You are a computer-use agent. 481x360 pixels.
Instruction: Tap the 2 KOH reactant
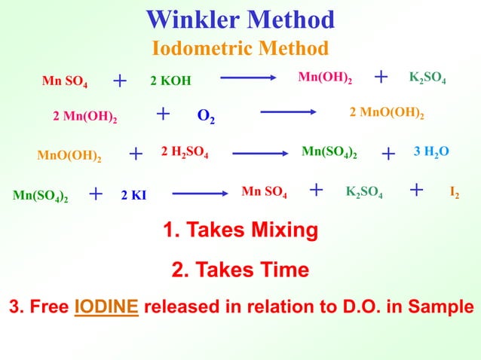pos(170,81)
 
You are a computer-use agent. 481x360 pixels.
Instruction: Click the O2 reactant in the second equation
pos(204,117)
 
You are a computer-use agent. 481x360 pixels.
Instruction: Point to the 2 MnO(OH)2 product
pos(387,113)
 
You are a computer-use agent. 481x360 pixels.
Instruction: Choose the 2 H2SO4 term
pos(185,153)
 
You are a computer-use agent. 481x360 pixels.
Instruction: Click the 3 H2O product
pos(432,152)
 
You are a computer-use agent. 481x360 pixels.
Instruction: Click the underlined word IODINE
pos(106,307)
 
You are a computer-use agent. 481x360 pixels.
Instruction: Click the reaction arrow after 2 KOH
pos(247,78)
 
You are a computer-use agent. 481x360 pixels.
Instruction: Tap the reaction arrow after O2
pos(287,113)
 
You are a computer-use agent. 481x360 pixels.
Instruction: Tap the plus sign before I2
pos(415,191)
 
